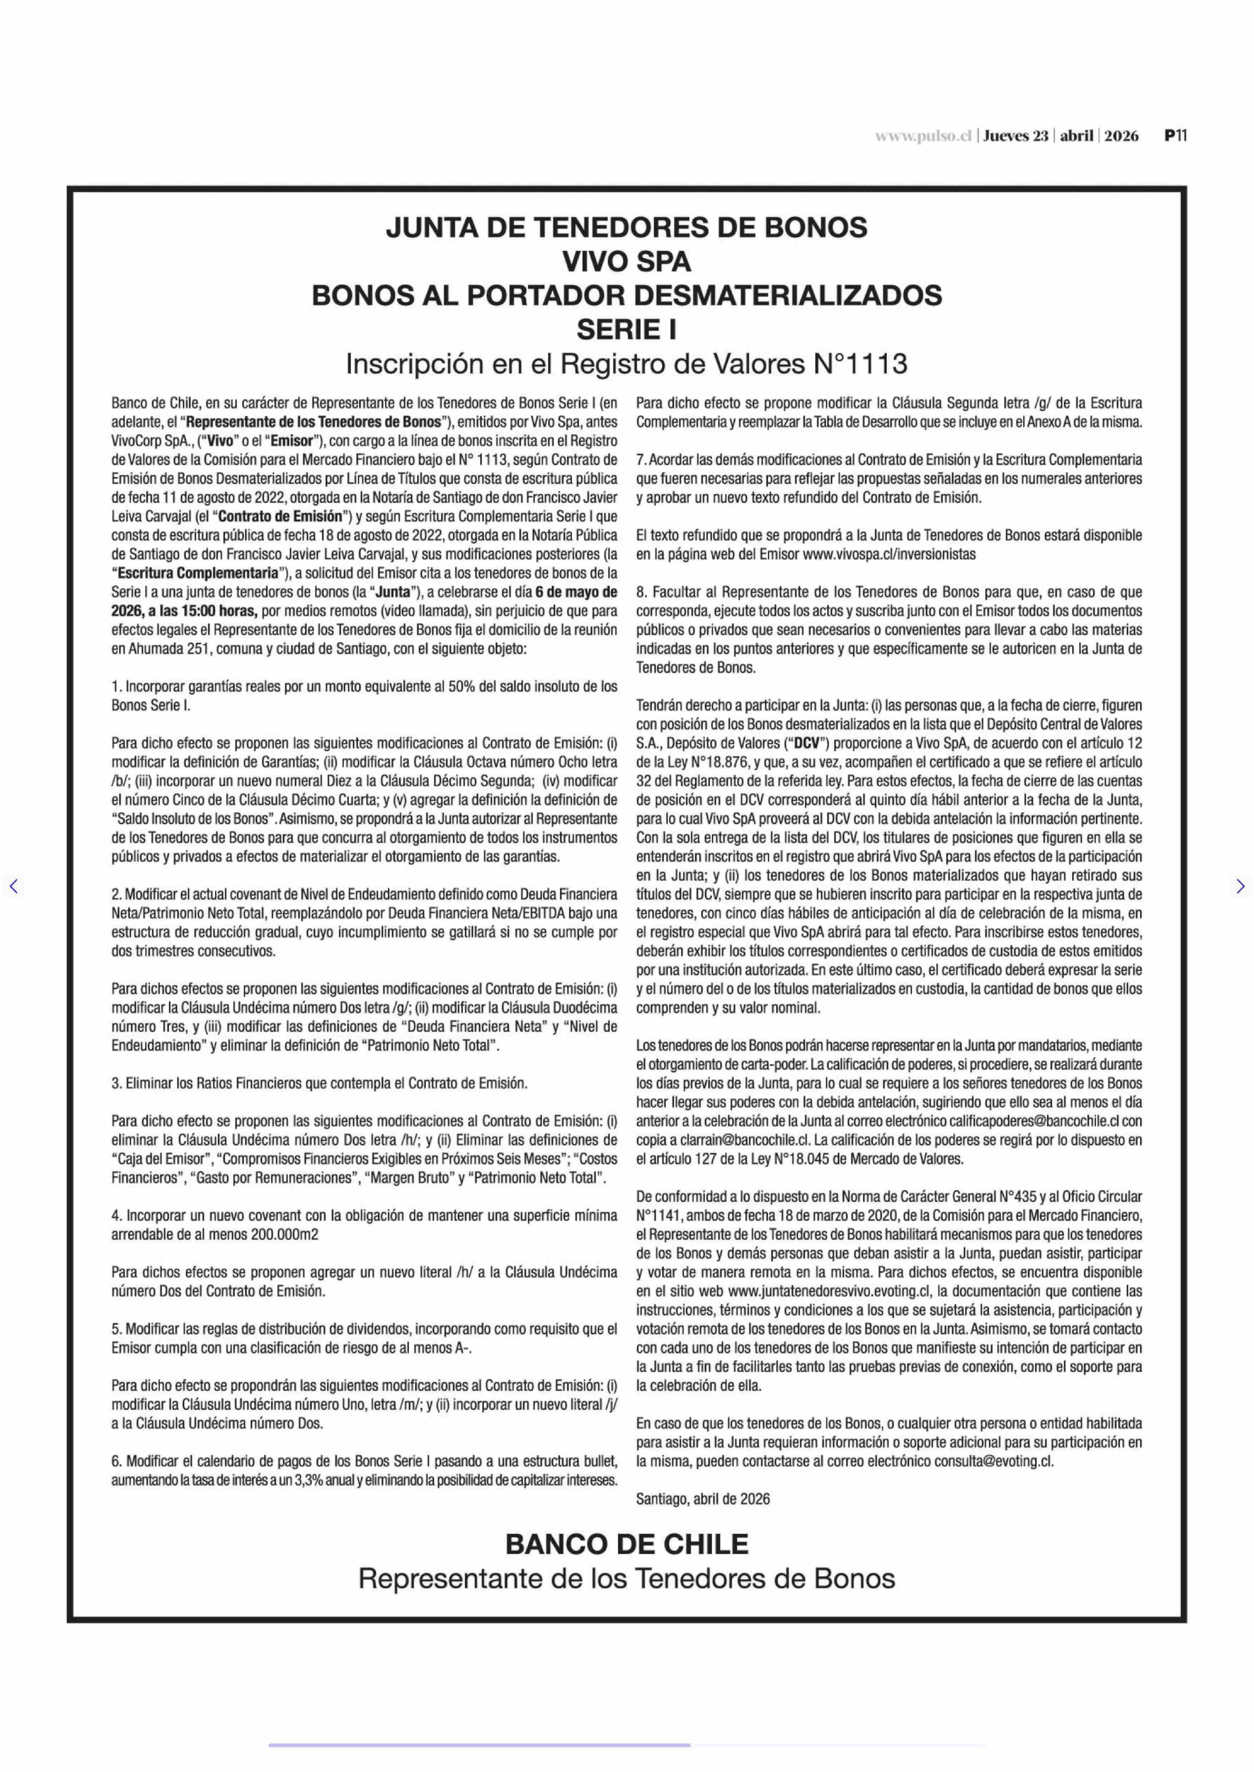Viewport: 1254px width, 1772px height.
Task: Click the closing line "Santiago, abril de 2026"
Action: (703, 1499)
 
